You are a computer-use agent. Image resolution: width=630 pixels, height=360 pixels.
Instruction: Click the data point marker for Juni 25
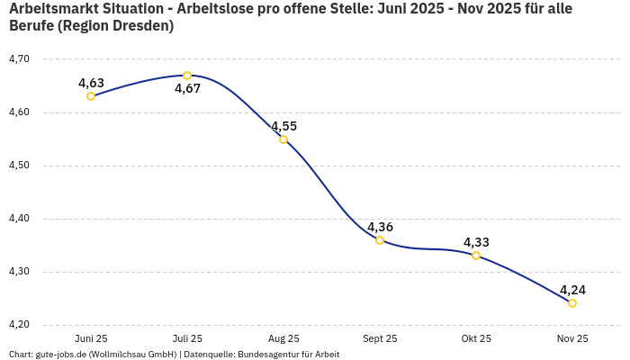click(x=91, y=96)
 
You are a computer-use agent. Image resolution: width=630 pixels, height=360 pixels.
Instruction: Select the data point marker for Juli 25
click(x=187, y=76)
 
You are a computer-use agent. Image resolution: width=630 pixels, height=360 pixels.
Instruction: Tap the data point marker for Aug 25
click(x=283, y=139)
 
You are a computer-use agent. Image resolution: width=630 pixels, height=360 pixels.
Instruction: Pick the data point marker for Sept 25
click(x=380, y=240)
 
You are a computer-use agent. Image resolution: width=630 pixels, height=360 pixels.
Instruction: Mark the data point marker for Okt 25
click(x=476, y=256)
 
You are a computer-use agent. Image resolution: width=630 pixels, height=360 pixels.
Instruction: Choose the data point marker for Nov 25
click(x=572, y=303)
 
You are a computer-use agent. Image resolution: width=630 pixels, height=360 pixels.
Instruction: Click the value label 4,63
click(x=91, y=84)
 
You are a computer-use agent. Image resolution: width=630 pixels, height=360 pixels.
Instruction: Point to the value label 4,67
click(x=187, y=89)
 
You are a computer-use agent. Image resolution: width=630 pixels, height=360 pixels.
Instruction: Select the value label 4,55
click(x=283, y=127)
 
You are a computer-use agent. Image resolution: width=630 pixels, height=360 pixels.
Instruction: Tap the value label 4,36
click(x=380, y=227)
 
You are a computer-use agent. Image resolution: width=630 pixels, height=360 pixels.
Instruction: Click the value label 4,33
click(x=476, y=242)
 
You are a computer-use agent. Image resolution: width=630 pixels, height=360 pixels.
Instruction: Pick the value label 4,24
click(x=572, y=290)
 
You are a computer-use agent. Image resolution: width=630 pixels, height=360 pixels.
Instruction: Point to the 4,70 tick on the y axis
click(x=19, y=59)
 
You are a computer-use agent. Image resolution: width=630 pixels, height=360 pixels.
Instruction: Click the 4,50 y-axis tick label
click(x=19, y=166)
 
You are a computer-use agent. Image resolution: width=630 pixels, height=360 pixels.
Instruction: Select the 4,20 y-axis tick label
click(x=19, y=325)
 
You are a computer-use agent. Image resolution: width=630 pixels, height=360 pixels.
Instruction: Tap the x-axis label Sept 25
click(x=380, y=338)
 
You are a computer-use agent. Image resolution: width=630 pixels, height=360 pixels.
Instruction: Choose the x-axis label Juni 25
click(x=91, y=338)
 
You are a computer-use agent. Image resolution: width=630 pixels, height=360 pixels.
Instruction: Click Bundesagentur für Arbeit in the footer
click(x=288, y=355)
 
